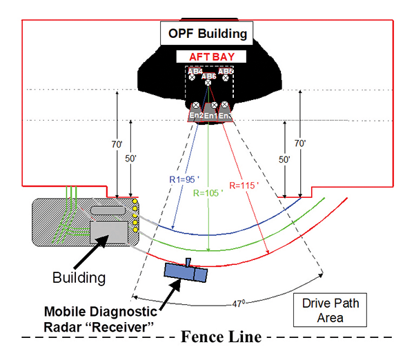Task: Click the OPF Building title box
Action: pos(207,32)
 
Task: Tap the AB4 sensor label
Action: pos(195,71)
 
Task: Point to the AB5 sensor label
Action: pos(226,71)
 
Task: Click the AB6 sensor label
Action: pos(208,77)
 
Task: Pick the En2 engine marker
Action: pos(196,115)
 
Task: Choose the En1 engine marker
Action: pos(210,115)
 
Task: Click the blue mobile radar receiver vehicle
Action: pos(186,272)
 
